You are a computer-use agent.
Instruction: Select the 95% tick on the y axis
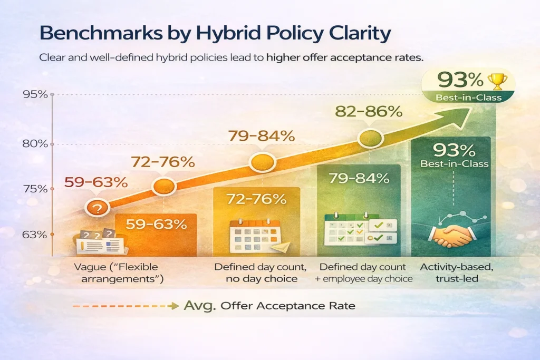(35, 95)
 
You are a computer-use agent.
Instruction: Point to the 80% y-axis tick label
(35, 144)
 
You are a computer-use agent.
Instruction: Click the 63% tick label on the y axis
(35, 235)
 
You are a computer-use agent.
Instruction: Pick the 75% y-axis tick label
(35, 189)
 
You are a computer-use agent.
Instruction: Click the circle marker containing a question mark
(96, 208)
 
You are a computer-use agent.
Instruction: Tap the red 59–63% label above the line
(95, 182)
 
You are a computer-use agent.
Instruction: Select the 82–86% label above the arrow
(369, 112)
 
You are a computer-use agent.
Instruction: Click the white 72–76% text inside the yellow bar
(257, 199)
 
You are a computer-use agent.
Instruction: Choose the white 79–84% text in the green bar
(359, 178)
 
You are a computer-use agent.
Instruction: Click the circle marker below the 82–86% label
(369, 138)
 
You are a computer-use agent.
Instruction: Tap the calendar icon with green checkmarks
(359, 231)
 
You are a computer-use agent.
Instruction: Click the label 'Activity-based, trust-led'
(449, 273)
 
